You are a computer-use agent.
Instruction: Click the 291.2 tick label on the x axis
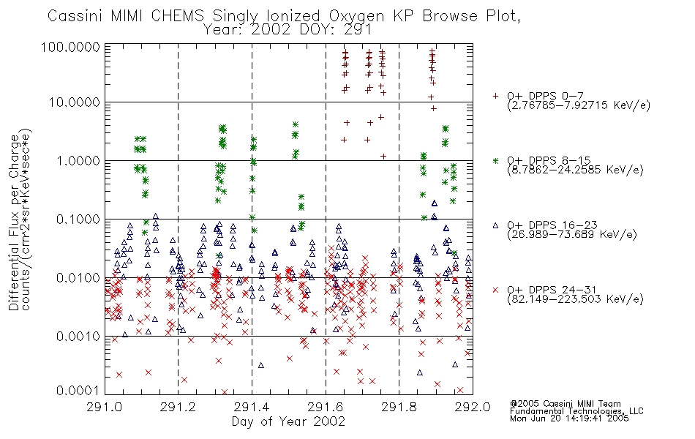click(x=178, y=407)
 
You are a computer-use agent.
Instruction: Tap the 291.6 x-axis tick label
click(x=326, y=407)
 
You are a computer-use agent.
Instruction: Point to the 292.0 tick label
click(x=473, y=407)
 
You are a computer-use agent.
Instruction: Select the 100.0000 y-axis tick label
click(x=71, y=47)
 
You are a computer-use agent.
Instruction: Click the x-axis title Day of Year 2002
click(x=288, y=421)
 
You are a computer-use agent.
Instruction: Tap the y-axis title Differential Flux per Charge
click(x=14, y=222)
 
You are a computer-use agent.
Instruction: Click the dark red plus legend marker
click(x=496, y=96)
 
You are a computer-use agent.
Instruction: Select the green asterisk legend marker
click(x=496, y=160)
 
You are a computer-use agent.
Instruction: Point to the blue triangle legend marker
click(x=496, y=225)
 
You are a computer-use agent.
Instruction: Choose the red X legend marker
click(x=496, y=290)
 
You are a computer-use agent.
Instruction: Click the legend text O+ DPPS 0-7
click(x=545, y=96)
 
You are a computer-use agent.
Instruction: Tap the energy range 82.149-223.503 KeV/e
click(x=575, y=299)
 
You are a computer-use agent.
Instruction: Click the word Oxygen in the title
click(x=356, y=16)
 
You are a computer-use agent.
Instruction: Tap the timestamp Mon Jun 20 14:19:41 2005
click(x=569, y=419)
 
